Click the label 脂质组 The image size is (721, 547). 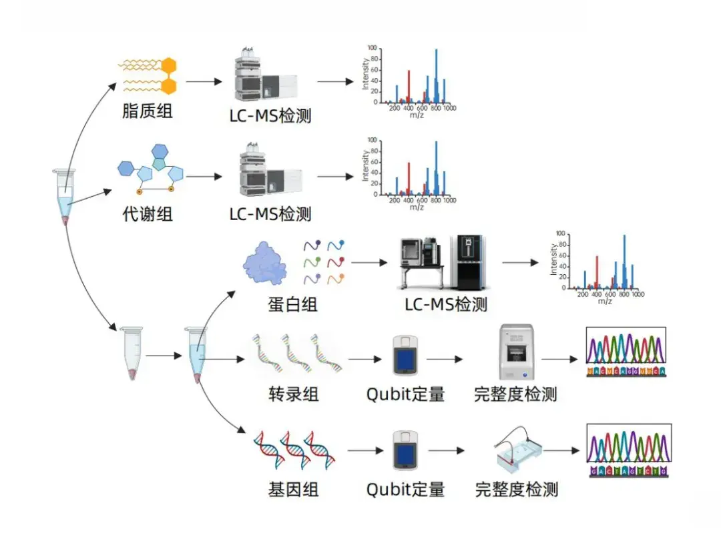point(148,111)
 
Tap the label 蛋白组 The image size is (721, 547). point(292,305)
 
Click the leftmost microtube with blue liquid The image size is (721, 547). point(65,197)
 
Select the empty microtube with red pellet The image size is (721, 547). point(131,354)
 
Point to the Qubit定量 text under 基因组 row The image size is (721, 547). point(405,490)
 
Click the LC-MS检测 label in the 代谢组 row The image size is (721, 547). point(270,214)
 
